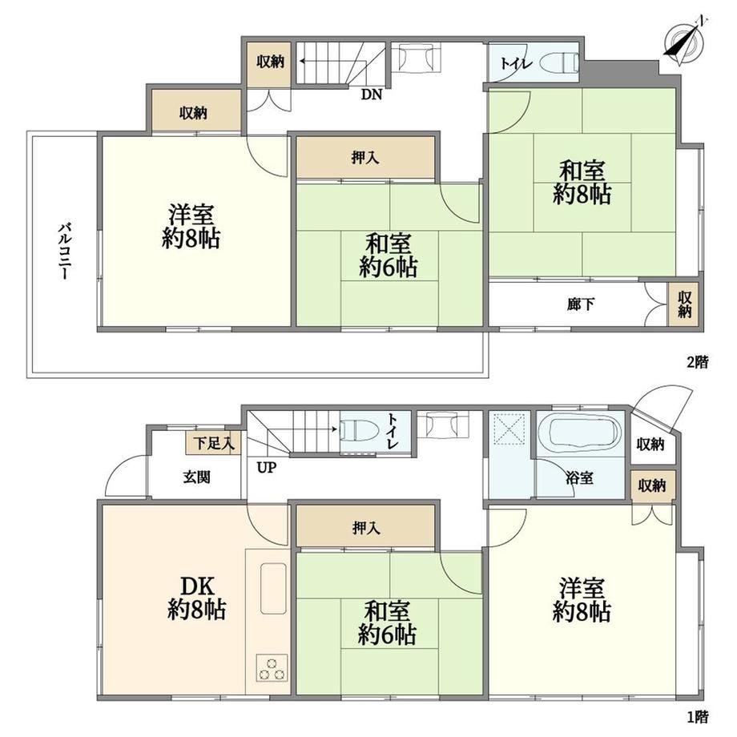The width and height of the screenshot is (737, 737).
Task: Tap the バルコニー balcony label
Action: tap(65, 252)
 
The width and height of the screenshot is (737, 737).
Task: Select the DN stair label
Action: tap(372, 95)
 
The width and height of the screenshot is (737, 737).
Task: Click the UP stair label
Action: tap(267, 468)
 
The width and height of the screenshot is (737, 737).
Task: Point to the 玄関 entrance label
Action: tap(196, 477)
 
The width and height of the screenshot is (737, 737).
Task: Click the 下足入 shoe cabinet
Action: tap(213, 443)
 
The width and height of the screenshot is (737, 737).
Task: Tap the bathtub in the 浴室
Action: tap(582, 434)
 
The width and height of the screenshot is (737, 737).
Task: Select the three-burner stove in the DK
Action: tap(272, 667)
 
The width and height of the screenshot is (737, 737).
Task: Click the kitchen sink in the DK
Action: tap(273, 588)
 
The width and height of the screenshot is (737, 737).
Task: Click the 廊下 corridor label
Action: tap(581, 304)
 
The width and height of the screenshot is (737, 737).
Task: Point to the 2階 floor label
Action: tap(698, 362)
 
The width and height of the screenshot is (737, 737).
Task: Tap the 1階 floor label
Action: tap(698, 717)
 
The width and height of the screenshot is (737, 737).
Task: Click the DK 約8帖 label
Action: tap(196, 598)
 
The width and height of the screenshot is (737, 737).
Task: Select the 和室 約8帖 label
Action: tap(582, 183)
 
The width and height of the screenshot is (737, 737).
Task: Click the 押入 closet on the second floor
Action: tap(365, 158)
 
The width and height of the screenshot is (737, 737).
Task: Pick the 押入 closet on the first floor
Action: tap(365, 527)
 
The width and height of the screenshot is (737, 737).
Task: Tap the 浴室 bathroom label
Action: tap(579, 478)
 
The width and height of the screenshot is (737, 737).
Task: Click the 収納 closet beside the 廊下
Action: tap(684, 304)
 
